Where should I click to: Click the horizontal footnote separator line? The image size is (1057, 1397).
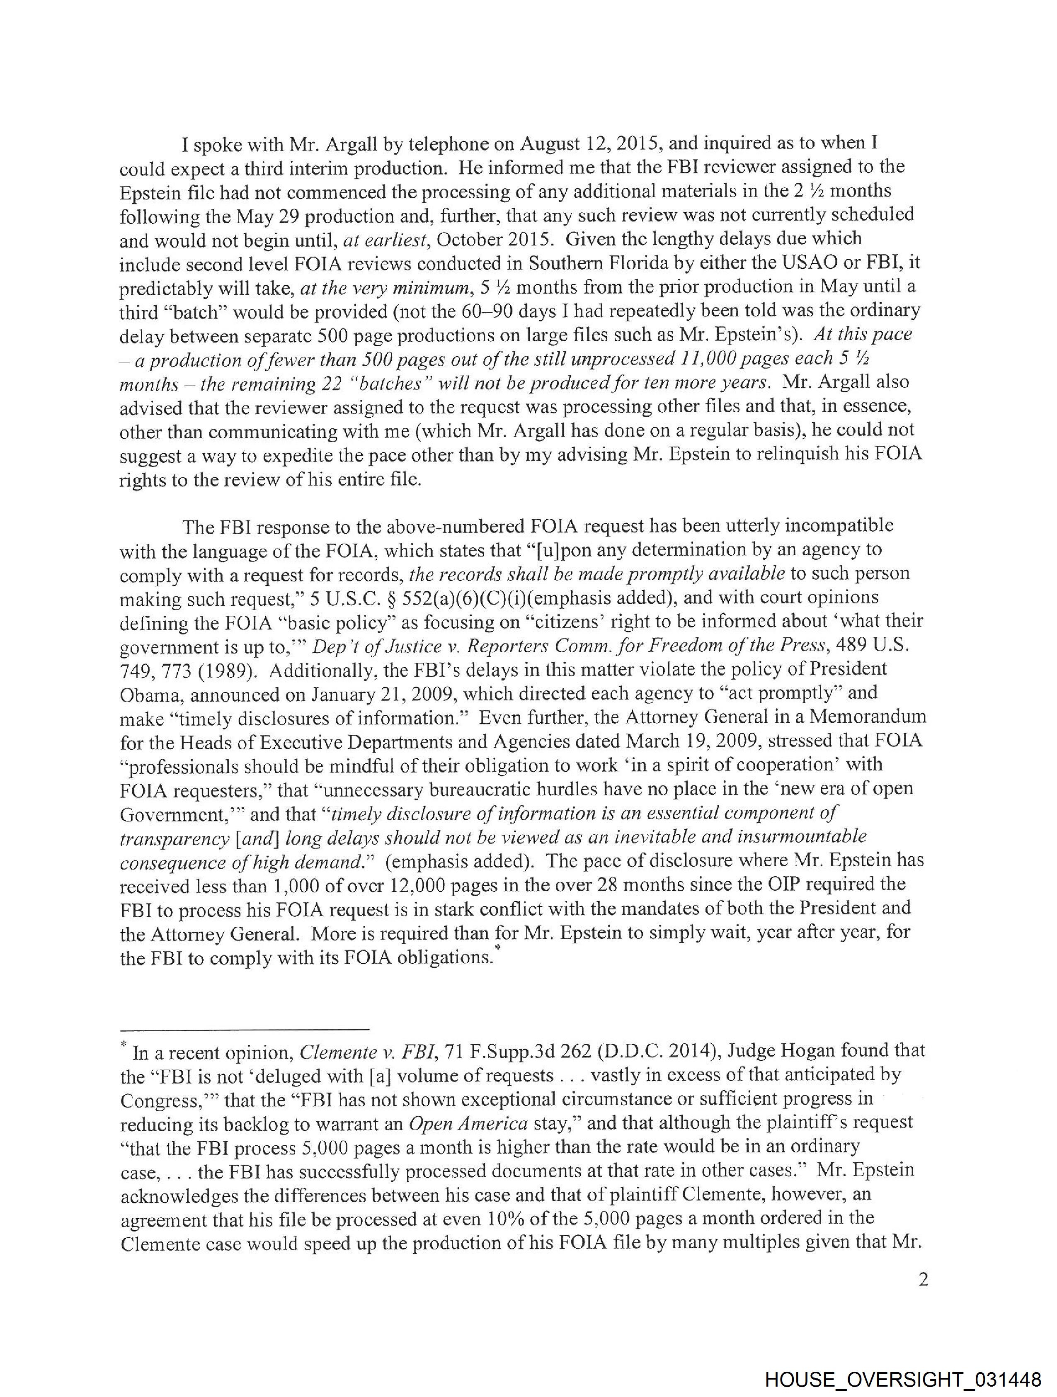tap(245, 1029)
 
